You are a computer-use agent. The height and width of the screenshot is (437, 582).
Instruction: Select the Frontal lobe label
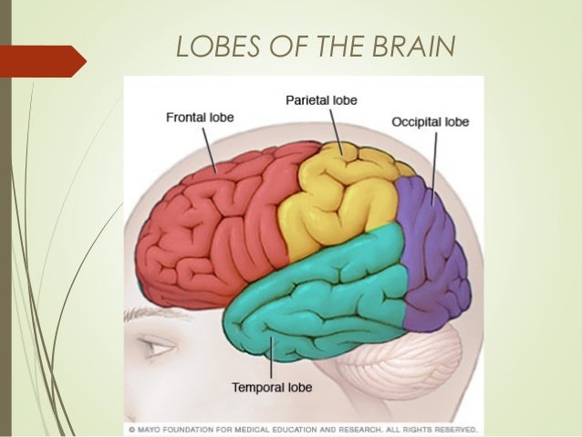[198, 116]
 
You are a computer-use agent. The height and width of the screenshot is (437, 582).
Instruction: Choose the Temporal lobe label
[271, 387]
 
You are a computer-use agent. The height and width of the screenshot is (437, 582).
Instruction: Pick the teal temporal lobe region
[319, 292]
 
